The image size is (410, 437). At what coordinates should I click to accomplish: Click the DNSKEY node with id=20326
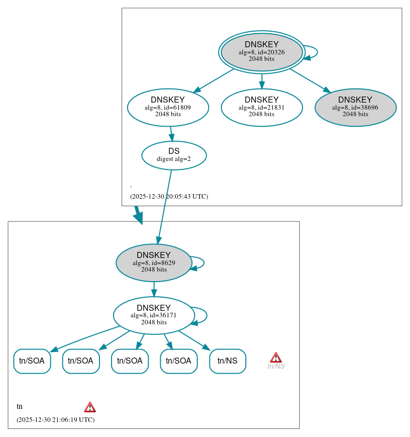tap(261, 52)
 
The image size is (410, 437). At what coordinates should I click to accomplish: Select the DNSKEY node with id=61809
tap(168, 107)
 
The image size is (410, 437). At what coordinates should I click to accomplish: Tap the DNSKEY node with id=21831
tap(261, 107)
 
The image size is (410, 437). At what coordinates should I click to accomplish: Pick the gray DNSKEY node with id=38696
tap(355, 107)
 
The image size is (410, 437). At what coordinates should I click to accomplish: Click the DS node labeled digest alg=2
tap(174, 155)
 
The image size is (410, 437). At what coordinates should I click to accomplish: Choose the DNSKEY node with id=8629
tap(154, 263)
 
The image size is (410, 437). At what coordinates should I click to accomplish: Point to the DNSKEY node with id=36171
tap(154, 315)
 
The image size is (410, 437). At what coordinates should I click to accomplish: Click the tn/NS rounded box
tap(227, 361)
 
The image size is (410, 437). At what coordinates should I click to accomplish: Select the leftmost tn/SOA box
tap(32, 361)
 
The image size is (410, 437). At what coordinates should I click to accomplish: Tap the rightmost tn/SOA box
tap(178, 361)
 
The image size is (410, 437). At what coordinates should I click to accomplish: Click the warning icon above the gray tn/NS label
tap(276, 358)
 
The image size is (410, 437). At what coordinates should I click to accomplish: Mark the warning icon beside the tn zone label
tap(90, 407)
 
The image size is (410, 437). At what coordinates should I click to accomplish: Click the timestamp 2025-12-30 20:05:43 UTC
tap(169, 197)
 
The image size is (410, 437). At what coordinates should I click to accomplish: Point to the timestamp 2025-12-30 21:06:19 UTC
tap(55, 420)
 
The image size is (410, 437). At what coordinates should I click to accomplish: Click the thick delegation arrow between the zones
tap(138, 214)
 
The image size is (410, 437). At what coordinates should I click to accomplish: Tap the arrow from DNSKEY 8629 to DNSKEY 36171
tap(154, 289)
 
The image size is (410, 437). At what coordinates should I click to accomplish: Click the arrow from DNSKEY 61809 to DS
tap(171, 134)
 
